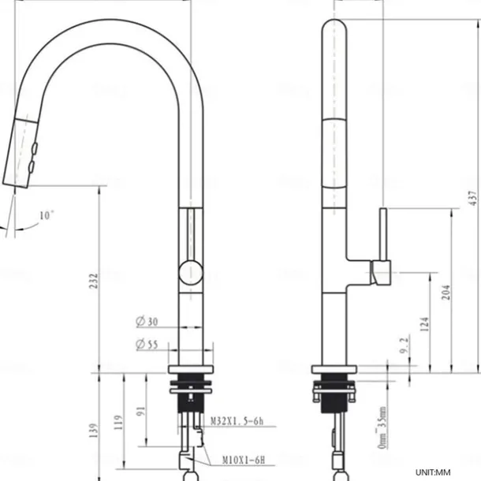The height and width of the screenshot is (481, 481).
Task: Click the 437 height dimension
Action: click(472, 195)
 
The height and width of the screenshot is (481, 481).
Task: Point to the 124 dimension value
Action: click(425, 323)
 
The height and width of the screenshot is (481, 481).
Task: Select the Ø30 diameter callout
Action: click(147, 321)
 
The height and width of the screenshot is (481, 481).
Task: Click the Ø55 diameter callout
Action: click(147, 345)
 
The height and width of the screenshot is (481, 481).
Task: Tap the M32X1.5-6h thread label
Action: click(235, 423)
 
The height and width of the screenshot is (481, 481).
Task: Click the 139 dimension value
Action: click(94, 430)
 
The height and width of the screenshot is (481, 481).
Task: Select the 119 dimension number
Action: click(118, 421)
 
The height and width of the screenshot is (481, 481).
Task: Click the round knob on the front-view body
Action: click(190, 273)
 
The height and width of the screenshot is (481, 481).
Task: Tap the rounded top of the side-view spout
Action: click(335, 32)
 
